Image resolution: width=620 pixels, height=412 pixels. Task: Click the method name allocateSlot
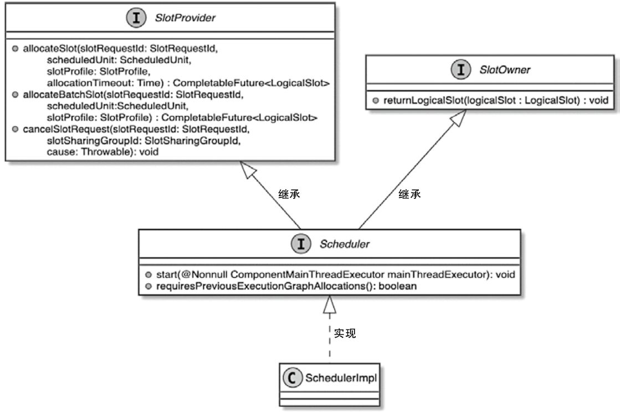point(50,49)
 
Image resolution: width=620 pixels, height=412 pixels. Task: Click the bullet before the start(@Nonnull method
point(148,275)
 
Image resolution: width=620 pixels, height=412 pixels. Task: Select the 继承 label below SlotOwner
point(409,195)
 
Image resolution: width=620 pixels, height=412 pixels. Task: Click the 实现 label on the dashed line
point(345,333)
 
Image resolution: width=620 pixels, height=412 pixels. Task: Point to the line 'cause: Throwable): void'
point(103,152)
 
